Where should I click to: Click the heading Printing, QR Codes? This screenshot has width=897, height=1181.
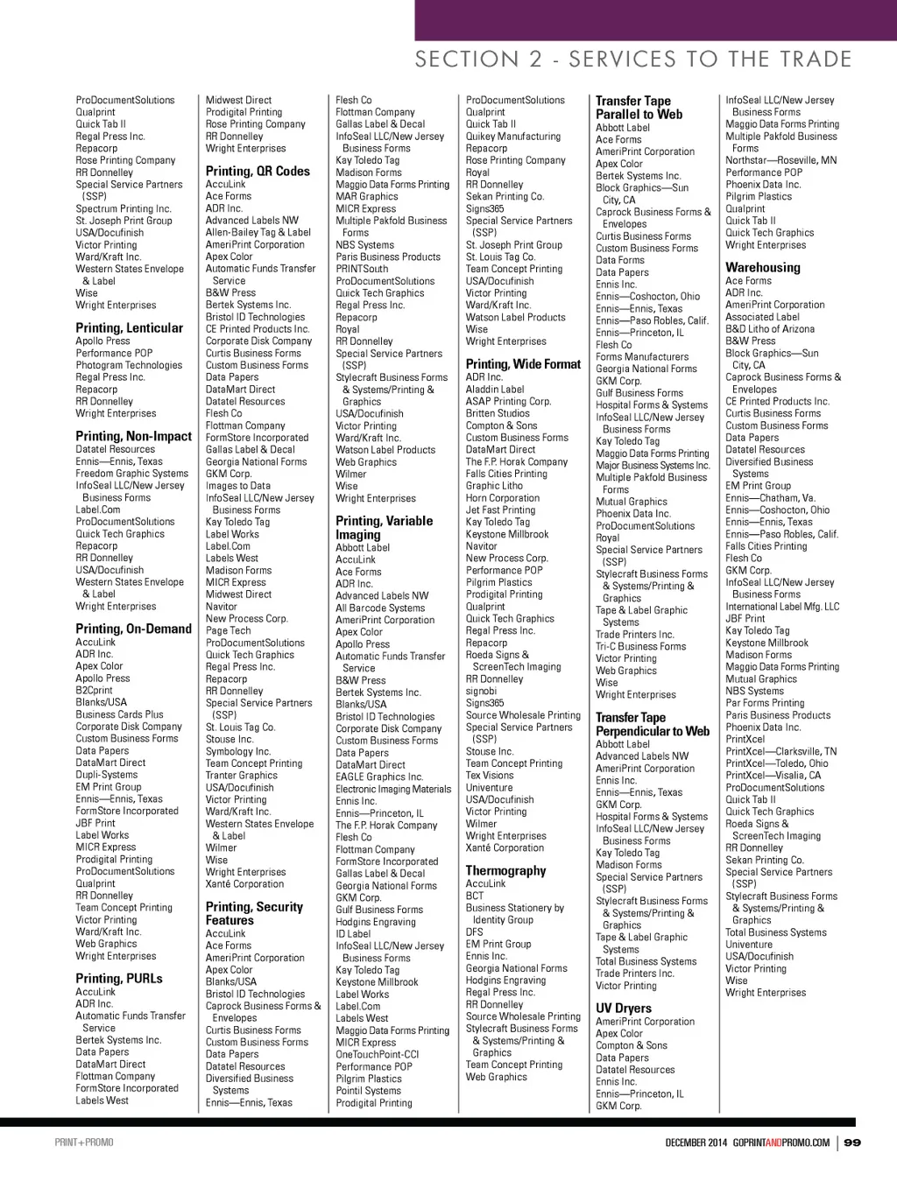[x=258, y=172]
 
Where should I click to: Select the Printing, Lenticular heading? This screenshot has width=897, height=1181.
[x=130, y=328]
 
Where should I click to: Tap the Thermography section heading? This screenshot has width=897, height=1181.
[x=505, y=871]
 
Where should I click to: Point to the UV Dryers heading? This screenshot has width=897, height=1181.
[x=624, y=1009]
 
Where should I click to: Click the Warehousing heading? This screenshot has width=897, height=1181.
[x=762, y=268]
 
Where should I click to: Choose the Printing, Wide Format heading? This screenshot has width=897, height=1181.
[x=523, y=364]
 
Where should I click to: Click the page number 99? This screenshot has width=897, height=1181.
[x=852, y=1142]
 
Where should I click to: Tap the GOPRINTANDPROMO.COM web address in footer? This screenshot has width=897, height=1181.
[x=780, y=1142]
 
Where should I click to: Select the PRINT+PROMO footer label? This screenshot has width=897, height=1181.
[x=84, y=1142]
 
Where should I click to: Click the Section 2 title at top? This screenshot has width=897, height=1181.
[x=633, y=60]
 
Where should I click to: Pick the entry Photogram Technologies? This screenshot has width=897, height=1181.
[x=129, y=365]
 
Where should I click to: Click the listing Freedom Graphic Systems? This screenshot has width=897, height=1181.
[x=131, y=474]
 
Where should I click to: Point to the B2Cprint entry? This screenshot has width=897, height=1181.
[x=95, y=690]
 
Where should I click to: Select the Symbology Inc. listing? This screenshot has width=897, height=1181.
[x=238, y=751]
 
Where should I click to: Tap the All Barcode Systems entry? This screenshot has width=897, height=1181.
[x=380, y=608]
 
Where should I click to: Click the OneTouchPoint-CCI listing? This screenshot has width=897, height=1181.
[x=378, y=1054]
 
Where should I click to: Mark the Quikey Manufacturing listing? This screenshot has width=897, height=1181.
[x=513, y=137]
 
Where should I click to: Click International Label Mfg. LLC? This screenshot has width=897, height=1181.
[x=782, y=606]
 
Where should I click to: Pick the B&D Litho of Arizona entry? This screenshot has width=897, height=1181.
[x=770, y=329]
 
